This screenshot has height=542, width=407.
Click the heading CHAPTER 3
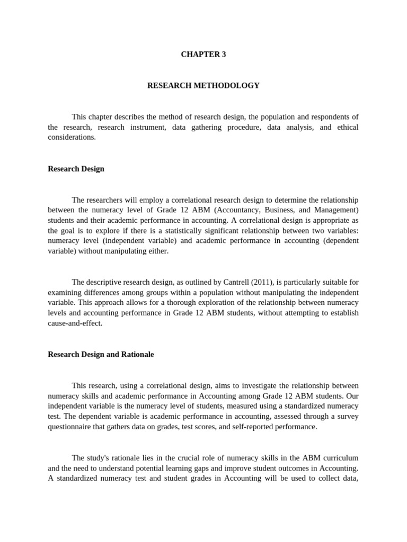point(203,55)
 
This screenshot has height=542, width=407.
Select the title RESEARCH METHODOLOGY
point(203,85)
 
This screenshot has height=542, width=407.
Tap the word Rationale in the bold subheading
point(137,354)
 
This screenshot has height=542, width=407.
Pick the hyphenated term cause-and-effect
point(75,323)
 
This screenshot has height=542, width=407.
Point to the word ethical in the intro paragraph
point(346,127)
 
